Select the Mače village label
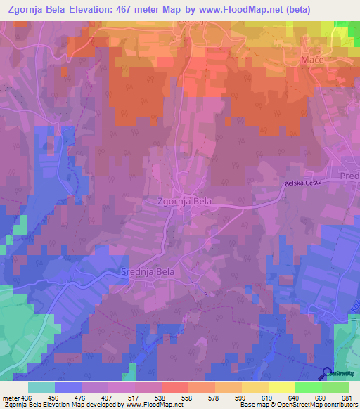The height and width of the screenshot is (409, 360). [x=311, y=61]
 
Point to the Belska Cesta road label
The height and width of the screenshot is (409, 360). [x=302, y=183]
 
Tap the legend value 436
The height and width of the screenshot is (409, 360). [x=26, y=398]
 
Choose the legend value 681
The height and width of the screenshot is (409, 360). [x=347, y=398]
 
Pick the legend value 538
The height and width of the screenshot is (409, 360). [x=160, y=398]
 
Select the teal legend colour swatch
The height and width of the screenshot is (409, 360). [x=41, y=387]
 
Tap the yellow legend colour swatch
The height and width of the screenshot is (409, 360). [x=281, y=387]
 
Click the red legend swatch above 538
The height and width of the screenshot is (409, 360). [x=174, y=387]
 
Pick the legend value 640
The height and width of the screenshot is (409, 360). [x=293, y=398]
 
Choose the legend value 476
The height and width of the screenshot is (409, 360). [x=79, y=398]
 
